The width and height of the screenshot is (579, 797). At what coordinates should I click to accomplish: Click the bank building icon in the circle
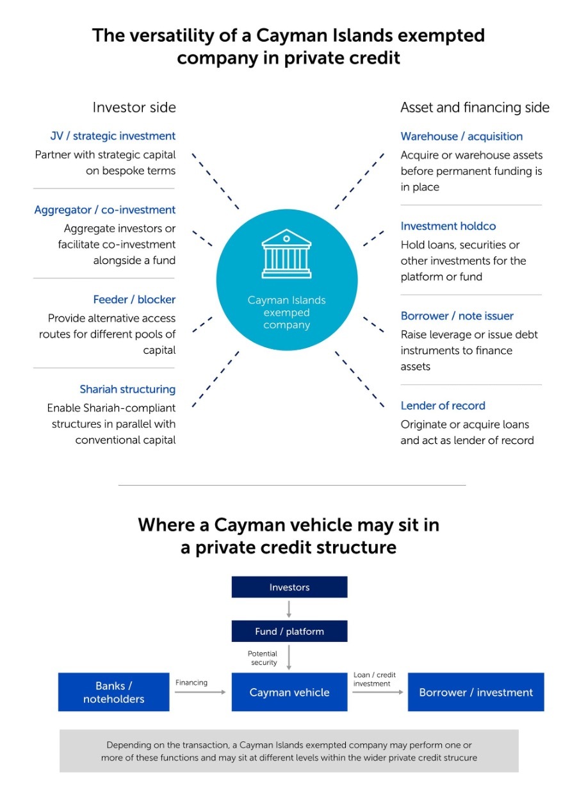coord(286,254)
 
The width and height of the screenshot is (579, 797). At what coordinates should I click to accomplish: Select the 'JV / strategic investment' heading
coord(113,136)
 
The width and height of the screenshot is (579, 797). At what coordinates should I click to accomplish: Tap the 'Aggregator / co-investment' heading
coord(105,210)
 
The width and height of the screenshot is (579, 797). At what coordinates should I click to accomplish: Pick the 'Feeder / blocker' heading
coord(135,300)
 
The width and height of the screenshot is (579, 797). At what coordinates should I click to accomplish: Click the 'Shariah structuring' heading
coord(127,390)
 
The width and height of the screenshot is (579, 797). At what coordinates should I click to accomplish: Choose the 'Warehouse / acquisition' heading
coord(462,136)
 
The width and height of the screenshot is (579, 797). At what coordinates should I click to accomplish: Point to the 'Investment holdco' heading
coord(448,226)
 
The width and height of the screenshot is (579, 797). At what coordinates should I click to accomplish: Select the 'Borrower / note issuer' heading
coord(457,316)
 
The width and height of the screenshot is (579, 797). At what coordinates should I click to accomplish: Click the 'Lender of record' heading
coord(443,406)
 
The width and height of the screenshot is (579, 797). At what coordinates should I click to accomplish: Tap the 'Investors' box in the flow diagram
coord(289,587)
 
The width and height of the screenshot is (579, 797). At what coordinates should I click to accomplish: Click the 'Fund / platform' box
coord(289,631)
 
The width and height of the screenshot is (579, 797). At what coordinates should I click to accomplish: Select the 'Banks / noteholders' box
coord(114,692)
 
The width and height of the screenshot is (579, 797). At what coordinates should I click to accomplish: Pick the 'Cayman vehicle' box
coord(289,692)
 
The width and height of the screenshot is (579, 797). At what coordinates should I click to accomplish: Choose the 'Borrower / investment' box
coord(476,692)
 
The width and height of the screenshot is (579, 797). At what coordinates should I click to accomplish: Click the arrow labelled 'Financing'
coord(200,692)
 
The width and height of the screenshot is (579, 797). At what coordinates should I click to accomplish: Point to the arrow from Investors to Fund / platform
coord(289,609)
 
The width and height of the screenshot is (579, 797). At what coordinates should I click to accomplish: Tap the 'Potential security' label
coord(263,658)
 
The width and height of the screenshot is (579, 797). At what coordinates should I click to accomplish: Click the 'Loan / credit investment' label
coord(375,679)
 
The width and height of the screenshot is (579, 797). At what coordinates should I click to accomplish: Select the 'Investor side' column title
coord(135,108)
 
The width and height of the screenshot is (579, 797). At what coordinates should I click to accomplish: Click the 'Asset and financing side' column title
coord(475,108)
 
